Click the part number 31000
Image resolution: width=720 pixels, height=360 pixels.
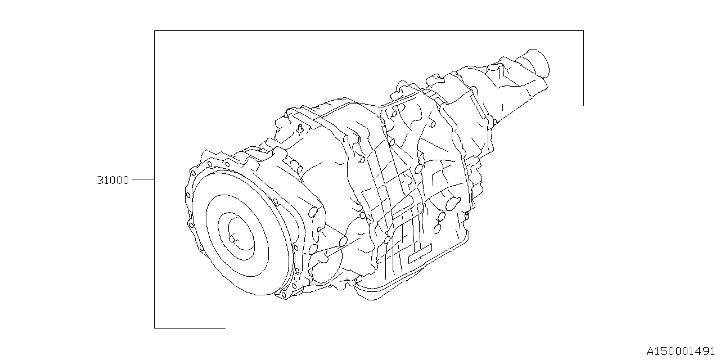pyautogui.click(x=112, y=180)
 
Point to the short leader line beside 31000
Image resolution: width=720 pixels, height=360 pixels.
pyautogui.click(x=143, y=179)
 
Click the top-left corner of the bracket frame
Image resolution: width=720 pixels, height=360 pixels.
pyautogui.click(x=155, y=30)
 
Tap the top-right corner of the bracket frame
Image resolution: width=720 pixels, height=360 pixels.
pyautogui.click(x=583, y=30)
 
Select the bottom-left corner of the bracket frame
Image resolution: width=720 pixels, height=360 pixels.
pyautogui.click(x=155, y=327)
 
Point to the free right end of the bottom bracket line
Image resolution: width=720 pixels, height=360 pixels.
pyautogui.click(x=225, y=327)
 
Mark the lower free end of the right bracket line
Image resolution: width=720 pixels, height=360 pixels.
pyautogui.click(x=583, y=105)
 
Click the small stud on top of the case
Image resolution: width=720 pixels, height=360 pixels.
pyautogui.click(x=300, y=129)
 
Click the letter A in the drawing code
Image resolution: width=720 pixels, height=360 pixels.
pyautogui.click(x=650, y=352)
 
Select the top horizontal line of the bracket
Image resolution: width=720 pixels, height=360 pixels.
pyautogui.click(x=369, y=30)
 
